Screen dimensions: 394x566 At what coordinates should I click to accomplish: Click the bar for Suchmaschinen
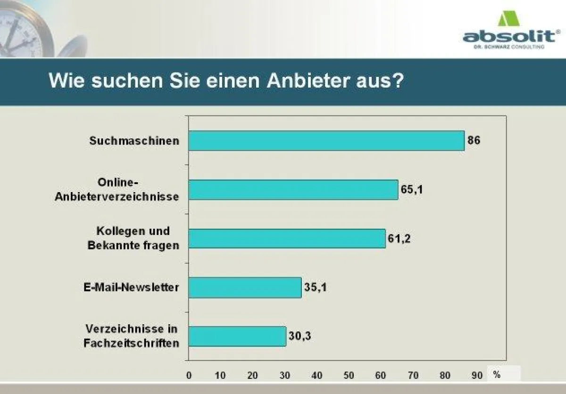click(x=326, y=141)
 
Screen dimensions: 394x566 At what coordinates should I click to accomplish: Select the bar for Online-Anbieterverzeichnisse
click(x=293, y=190)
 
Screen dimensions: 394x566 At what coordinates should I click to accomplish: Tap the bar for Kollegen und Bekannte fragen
click(x=287, y=239)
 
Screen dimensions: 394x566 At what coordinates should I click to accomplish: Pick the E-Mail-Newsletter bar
click(x=245, y=287)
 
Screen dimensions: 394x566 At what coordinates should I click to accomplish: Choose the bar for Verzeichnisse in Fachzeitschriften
click(x=237, y=336)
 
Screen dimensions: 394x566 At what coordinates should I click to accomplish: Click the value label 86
click(x=474, y=140)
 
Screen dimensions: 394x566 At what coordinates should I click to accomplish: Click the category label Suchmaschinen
click(x=134, y=141)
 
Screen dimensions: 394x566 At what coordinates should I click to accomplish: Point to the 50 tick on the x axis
click(x=349, y=376)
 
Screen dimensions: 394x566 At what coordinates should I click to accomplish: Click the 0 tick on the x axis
click(x=189, y=376)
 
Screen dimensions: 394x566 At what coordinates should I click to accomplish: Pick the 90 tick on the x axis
click(x=477, y=376)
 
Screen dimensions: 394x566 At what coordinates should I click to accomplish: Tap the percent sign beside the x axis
click(x=497, y=375)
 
